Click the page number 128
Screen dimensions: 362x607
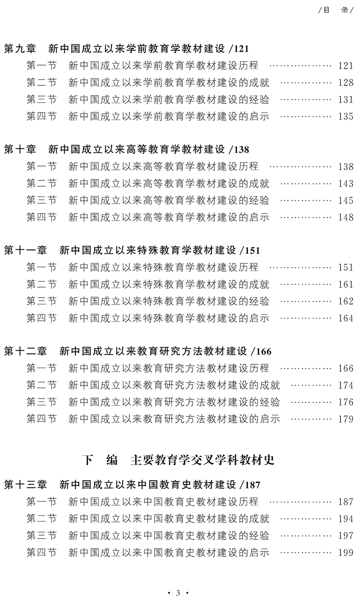tap(346, 83)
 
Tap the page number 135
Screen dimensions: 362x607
tap(346, 116)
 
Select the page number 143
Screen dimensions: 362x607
tap(346, 183)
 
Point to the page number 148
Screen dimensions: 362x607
tap(346, 217)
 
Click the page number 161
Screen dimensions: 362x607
tap(346, 284)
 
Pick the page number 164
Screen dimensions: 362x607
tap(346, 318)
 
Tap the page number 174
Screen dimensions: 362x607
tap(346, 385)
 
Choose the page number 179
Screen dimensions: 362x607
tap(346, 419)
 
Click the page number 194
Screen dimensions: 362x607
tap(346, 519)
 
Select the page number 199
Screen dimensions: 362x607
tap(346, 552)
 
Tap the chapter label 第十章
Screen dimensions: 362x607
tap(20, 150)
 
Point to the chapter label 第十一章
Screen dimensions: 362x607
tap(26, 250)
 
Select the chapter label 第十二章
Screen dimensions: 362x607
tap(26, 351)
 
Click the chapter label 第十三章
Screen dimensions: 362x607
tap(26, 484)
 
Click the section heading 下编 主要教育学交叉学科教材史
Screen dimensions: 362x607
tap(178, 460)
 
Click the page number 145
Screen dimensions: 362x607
tap(346, 200)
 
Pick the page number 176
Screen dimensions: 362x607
tap(346, 402)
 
